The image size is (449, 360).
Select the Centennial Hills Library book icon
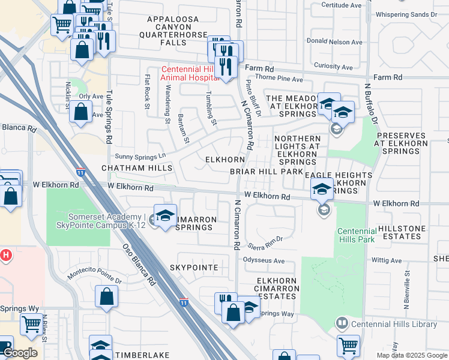(342, 324)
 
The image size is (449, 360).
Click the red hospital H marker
(7, 255)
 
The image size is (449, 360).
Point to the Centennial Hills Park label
(356, 235)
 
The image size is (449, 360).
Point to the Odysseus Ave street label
(264, 260)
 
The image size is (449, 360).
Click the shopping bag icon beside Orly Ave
(80, 112)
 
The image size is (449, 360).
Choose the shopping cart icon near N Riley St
(31, 324)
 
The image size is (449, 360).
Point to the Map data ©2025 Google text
(411, 355)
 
